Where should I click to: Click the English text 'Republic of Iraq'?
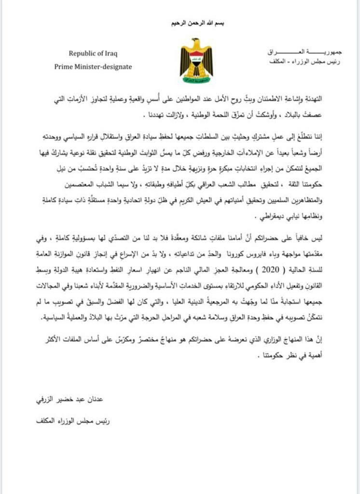pos(93,54)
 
